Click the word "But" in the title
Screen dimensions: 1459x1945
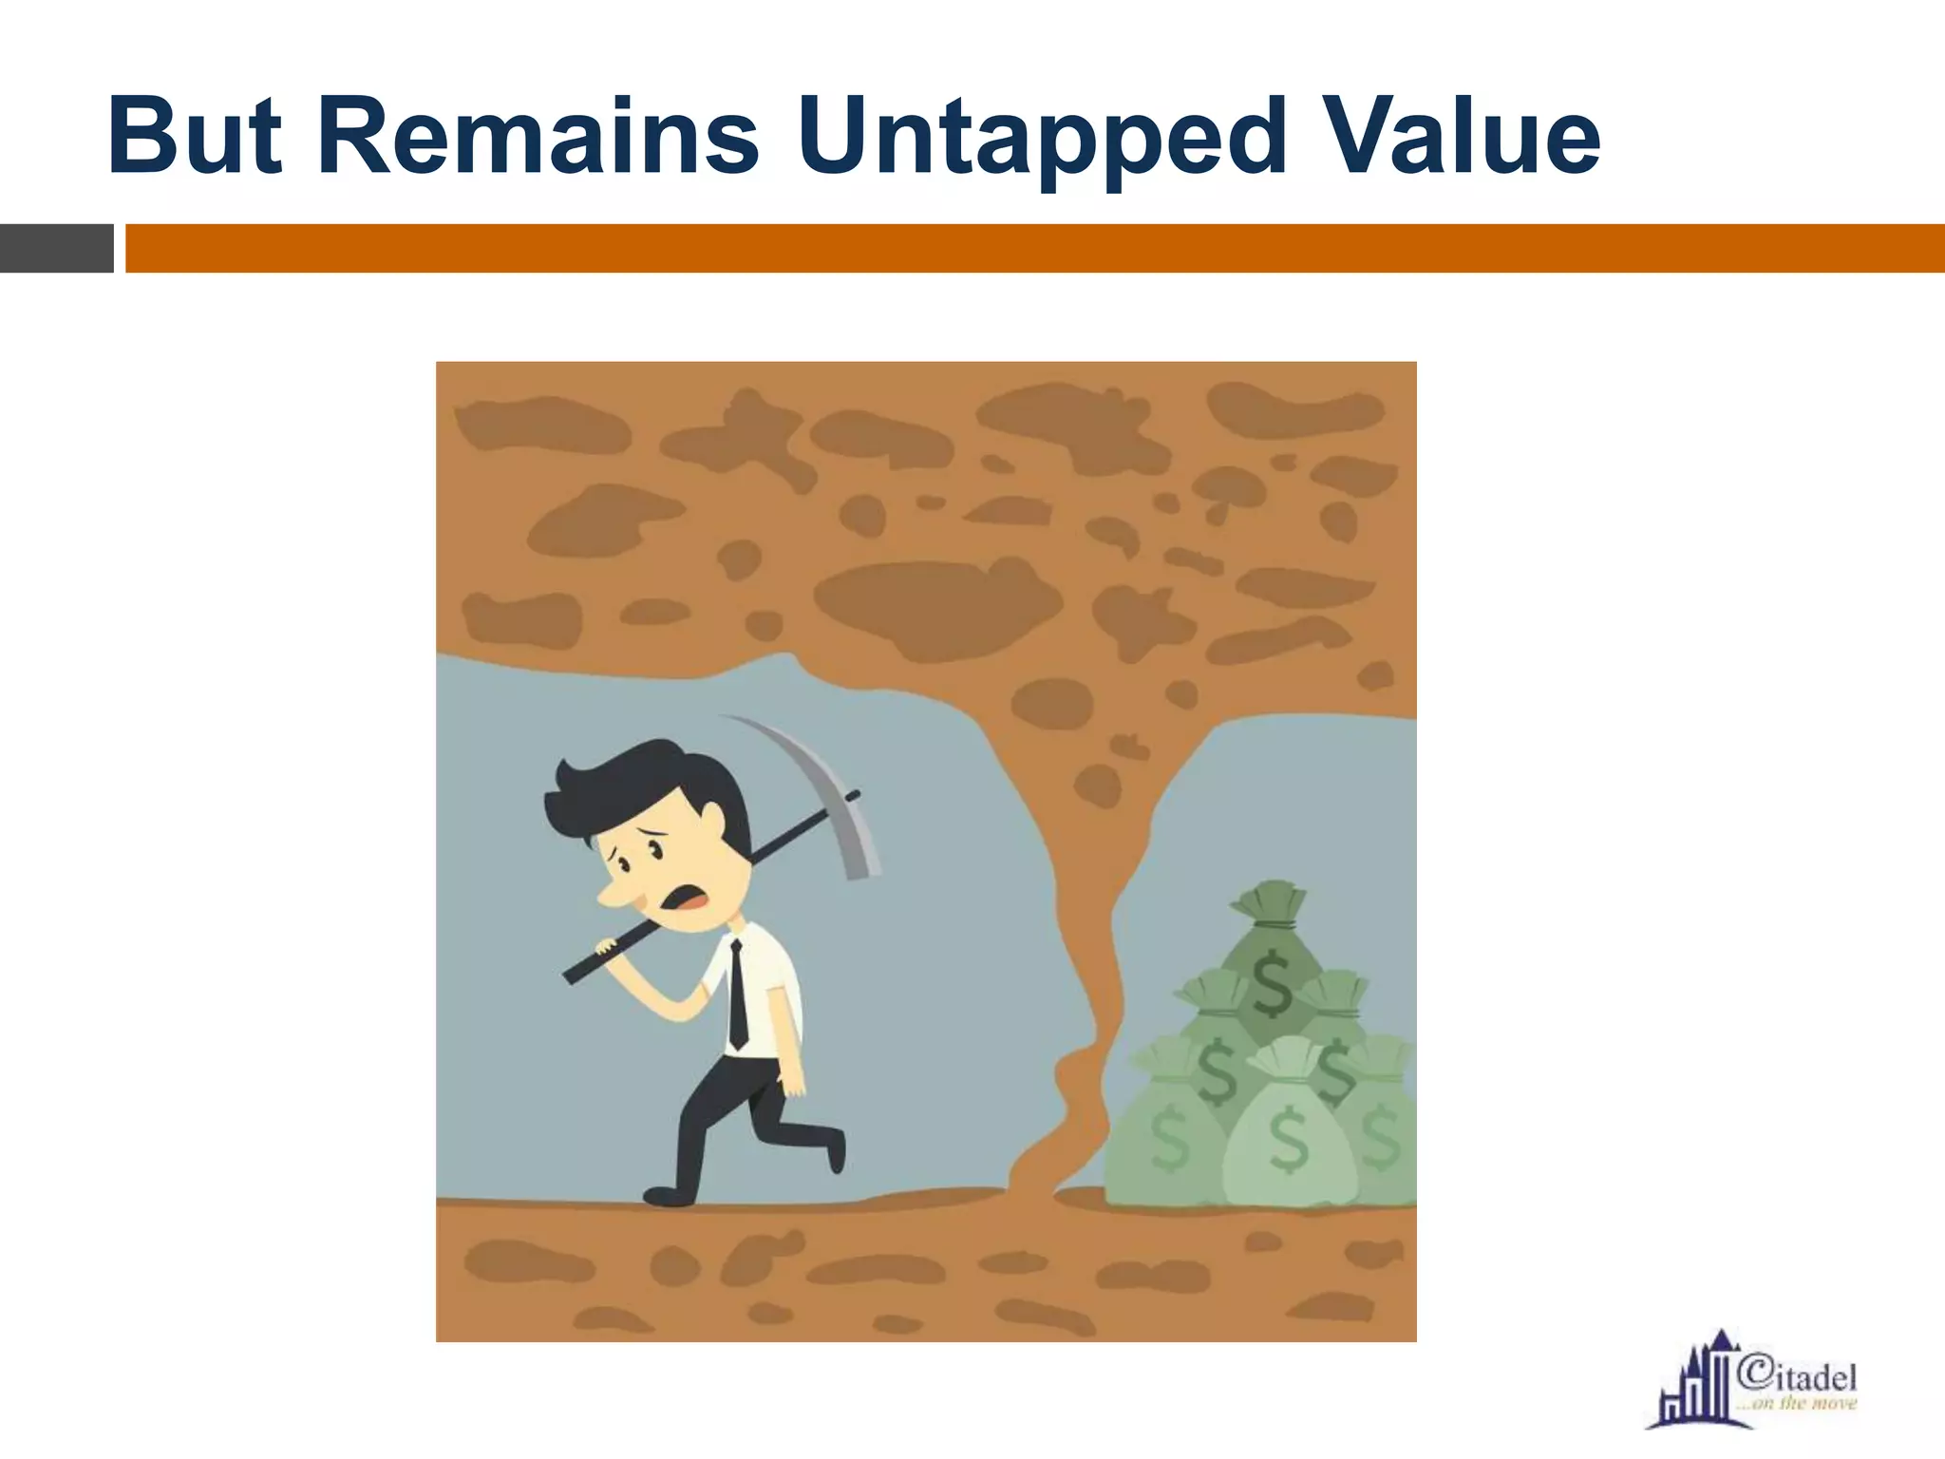(195, 138)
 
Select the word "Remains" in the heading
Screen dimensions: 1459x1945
(538, 138)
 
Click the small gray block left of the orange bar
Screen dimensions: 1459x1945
(56, 248)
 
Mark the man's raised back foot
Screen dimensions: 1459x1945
(835, 1149)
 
